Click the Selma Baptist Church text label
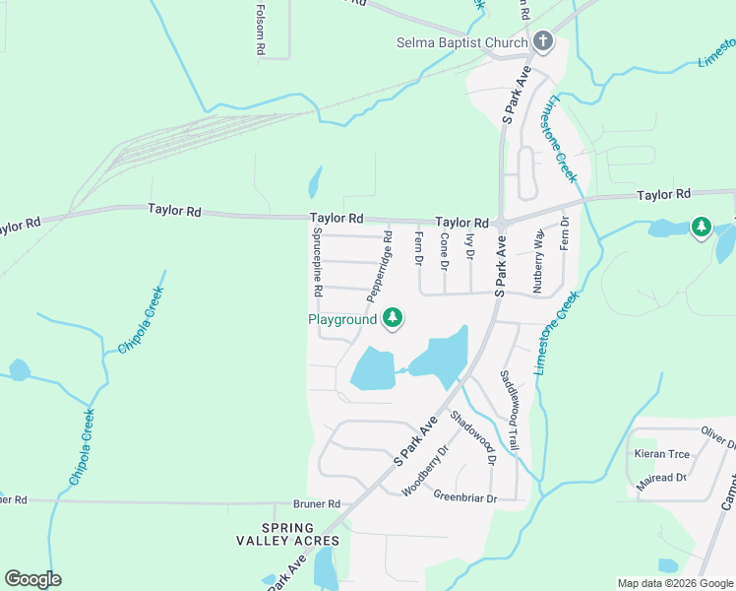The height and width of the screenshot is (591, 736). tap(461, 42)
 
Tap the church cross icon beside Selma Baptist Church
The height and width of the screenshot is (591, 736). tap(542, 41)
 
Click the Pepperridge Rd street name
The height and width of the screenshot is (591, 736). tap(380, 267)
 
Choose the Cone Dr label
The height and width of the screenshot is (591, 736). tap(444, 252)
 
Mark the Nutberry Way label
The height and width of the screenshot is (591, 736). tap(538, 261)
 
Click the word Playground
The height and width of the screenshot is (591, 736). tap(342, 319)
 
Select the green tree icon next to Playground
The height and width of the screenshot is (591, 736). tap(393, 317)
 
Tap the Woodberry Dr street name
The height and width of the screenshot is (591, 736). tap(425, 471)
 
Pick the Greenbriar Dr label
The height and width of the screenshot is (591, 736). tap(465, 496)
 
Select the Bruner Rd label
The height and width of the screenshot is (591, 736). tap(320, 503)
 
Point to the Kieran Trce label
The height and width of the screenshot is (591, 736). tap(663, 454)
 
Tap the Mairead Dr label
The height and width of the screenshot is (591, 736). tap(661, 478)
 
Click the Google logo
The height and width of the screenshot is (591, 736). tap(32, 579)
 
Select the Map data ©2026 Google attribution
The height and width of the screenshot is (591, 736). tap(675, 583)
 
